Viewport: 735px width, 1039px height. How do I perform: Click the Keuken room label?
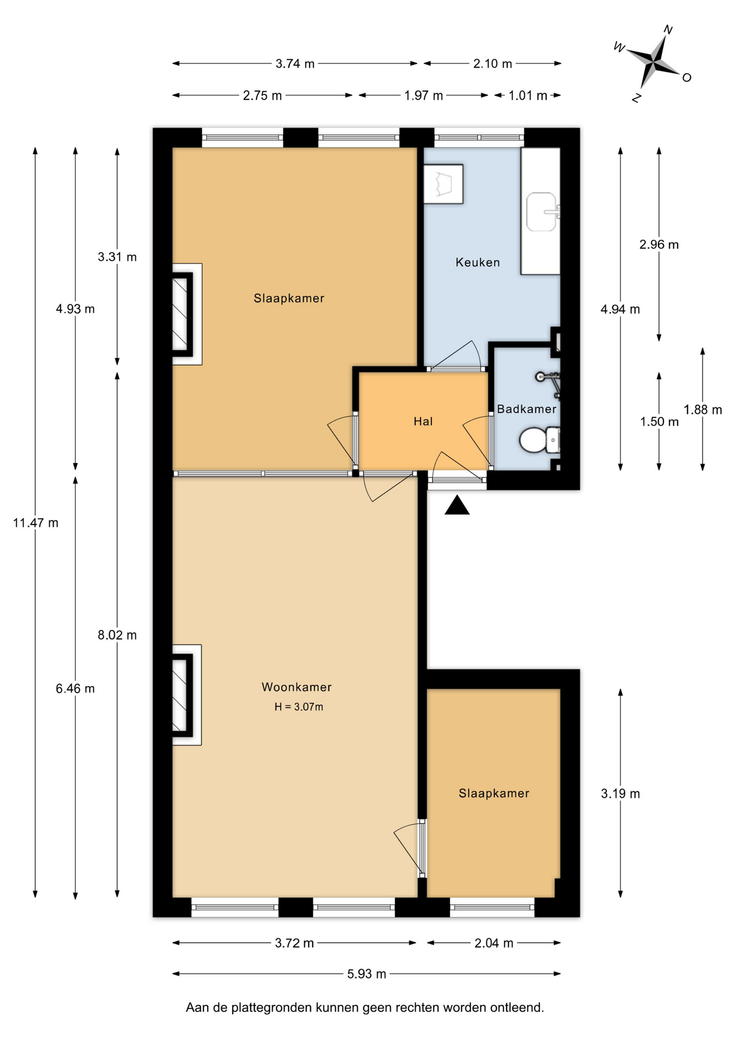pyautogui.click(x=477, y=262)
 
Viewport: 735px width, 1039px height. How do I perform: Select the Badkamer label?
pyautogui.click(x=527, y=409)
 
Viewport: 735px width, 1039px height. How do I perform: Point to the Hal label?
pyautogui.click(x=423, y=422)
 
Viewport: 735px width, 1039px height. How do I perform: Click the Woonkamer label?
pyautogui.click(x=297, y=687)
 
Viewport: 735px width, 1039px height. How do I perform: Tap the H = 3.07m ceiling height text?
pyautogui.click(x=299, y=707)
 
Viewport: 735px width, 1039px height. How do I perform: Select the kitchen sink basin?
pyautogui.click(x=543, y=212)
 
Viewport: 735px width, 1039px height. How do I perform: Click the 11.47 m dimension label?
pyautogui.click(x=36, y=523)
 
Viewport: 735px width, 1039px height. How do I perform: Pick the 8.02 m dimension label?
pyautogui.click(x=117, y=635)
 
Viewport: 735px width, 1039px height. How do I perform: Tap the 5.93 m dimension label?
pyautogui.click(x=367, y=974)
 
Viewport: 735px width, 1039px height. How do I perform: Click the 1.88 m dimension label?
pyautogui.click(x=703, y=410)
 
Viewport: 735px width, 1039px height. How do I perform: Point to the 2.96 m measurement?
pyautogui.click(x=659, y=245)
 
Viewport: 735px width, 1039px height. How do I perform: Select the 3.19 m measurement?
pyautogui.click(x=621, y=794)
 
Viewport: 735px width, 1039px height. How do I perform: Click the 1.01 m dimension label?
pyautogui.click(x=528, y=96)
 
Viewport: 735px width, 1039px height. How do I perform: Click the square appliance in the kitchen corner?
pyautogui.click(x=443, y=184)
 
